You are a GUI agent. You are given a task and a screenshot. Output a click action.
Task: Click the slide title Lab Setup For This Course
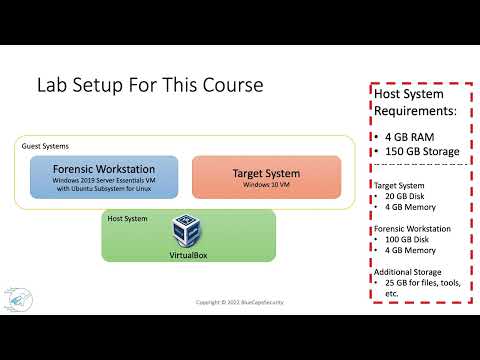[x=149, y=85]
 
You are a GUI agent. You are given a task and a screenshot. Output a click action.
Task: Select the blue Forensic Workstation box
[x=104, y=175]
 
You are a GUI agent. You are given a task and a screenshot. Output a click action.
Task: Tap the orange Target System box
[x=259, y=177]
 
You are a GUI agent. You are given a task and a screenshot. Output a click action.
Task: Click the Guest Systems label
[x=45, y=146]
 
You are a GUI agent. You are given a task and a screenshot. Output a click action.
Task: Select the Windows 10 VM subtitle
[x=259, y=185]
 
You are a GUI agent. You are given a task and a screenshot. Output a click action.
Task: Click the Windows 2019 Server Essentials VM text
[x=104, y=182]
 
